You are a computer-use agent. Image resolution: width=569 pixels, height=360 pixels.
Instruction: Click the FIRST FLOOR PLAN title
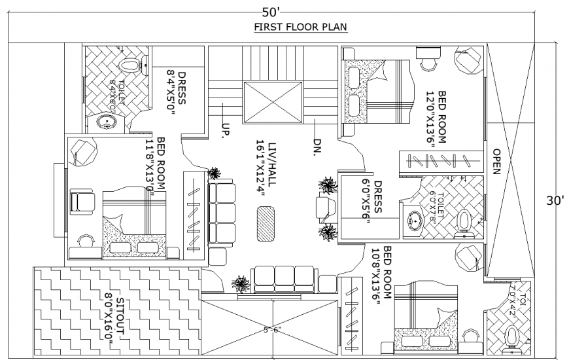click(300, 27)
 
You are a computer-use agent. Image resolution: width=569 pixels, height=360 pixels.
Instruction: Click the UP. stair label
click(225, 130)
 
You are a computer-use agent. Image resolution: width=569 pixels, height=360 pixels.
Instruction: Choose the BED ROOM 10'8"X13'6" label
click(382, 273)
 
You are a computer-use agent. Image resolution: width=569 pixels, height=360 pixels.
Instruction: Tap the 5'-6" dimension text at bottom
click(271, 330)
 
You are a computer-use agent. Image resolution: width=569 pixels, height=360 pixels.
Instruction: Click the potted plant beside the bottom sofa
click(241, 284)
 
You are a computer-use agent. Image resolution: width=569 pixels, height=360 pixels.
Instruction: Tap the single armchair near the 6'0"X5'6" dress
click(324, 210)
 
